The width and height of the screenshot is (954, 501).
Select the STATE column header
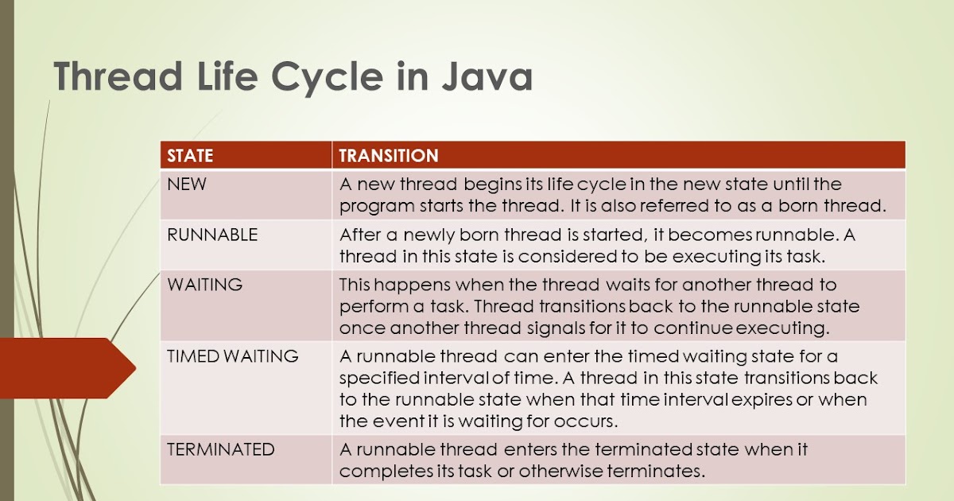point(190,156)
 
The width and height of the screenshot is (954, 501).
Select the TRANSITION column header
point(389,156)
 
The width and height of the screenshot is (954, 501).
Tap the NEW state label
point(186,184)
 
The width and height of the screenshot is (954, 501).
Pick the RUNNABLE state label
point(211,235)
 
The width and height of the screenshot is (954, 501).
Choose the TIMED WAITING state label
point(233,356)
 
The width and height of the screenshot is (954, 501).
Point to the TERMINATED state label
point(220,449)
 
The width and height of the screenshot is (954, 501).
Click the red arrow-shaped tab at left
point(64,367)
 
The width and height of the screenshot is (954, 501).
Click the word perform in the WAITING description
point(369,306)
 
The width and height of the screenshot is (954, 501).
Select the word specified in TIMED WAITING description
point(376,378)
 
